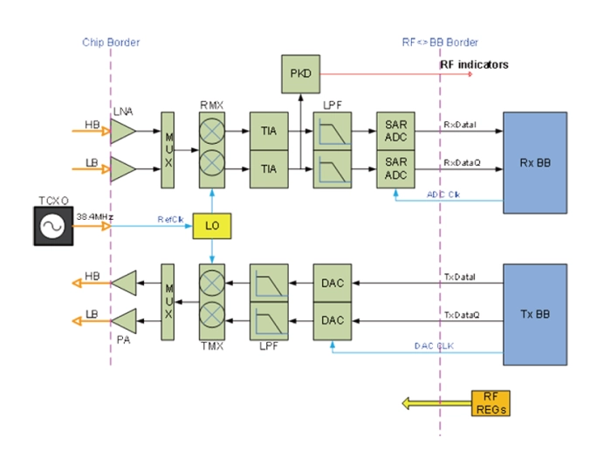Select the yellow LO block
(x=211, y=224)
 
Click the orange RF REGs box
(x=489, y=403)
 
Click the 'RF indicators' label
(x=474, y=65)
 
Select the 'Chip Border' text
(x=111, y=42)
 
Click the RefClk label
(x=170, y=219)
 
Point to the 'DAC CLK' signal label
(x=434, y=346)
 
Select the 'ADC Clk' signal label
(x=444, y=194)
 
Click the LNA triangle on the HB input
(x=121, y=131)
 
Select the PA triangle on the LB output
(x=125, y=320)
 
